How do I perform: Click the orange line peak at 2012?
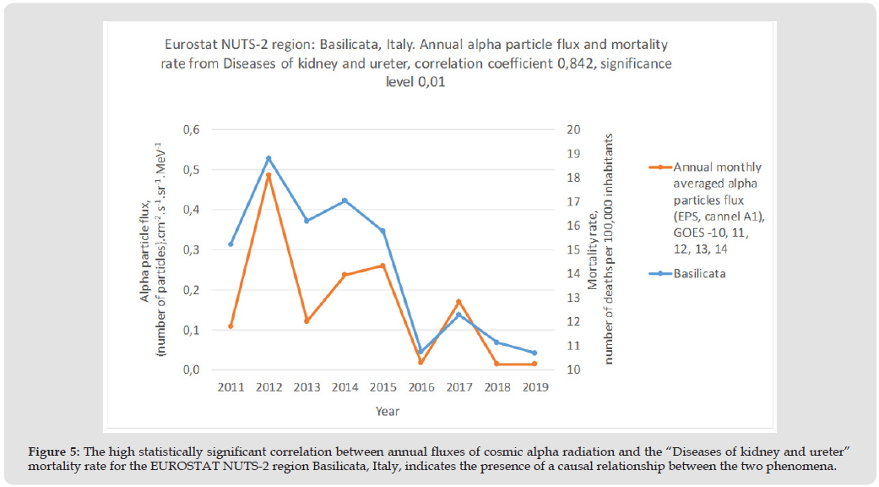pyautogui.click(x=269, y=175)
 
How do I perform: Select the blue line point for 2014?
pyautogui.click(x=345, y=200)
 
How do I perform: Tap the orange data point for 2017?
pyautogui.click(x=458, y=302)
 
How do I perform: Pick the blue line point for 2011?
pyautogui.click(x=231, y=244)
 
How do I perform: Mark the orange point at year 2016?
pyautogui.click(x=421, y=362)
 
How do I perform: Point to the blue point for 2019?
pyautogui.click(x=534, y=353)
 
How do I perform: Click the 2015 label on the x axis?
pyautogui.click(x=383, y=387)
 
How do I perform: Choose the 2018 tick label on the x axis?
pyautogui.click(x=496, y=387)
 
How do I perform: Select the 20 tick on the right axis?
pyautogui.click(x=575, y=129)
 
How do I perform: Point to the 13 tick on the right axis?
pyautogui.click(x=575, y=298)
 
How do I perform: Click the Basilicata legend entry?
pyautogui.click(x=701, y=274)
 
